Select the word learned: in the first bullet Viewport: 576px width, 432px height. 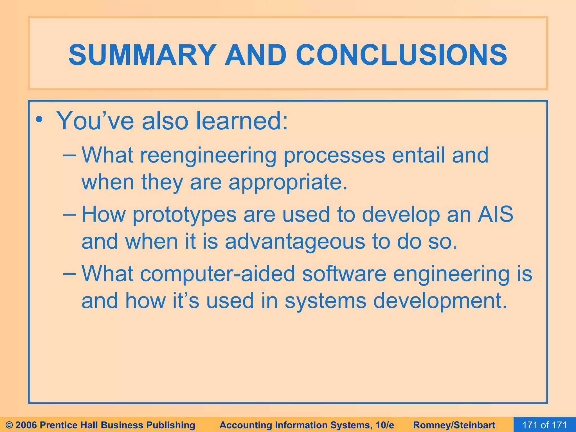(x=242, y=121)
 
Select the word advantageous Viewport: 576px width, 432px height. (x=295, y=242)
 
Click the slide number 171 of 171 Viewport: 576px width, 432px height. (x=544, y=425)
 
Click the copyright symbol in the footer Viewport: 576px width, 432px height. (x=9, y=425)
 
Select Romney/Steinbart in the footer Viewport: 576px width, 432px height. (x=454, y=425)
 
